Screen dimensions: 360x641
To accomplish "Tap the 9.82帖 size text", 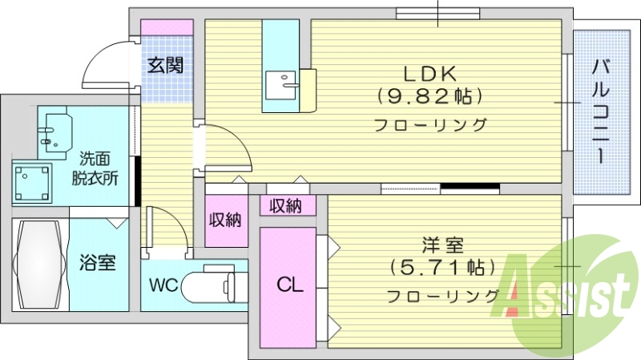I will (429, 96).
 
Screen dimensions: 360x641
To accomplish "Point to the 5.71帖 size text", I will (440, 266).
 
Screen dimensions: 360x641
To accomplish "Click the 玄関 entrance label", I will (167, 64).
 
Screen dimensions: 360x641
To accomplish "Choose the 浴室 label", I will (98, 262).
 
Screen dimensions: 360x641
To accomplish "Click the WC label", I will (163, 285).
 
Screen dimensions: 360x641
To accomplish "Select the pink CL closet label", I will (289, 284).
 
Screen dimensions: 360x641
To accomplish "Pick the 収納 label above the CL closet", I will (284, 206).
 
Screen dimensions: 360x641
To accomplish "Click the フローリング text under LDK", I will (431, 124).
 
